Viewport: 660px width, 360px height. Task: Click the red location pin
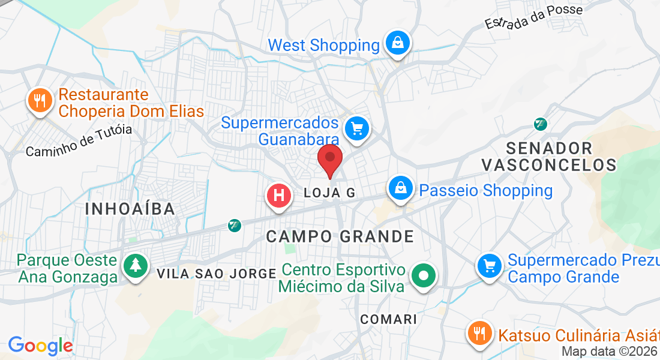(329, 158)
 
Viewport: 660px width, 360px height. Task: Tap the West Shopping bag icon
(397, 43)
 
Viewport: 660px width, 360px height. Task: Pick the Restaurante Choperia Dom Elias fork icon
(40, 100)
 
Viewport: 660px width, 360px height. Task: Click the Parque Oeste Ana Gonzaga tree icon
(136, 265)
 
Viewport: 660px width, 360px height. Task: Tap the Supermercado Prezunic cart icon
(490, 265)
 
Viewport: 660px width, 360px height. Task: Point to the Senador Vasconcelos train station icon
(541, 124)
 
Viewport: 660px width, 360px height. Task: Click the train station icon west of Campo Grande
(234, 225)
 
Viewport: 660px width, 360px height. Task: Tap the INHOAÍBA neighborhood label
(130, 209)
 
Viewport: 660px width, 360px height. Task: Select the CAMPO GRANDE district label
(340, 236)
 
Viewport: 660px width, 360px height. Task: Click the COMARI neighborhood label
(388, 319)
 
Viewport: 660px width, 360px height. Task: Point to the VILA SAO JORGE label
(216, 274)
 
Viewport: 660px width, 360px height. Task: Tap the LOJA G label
(330, 193)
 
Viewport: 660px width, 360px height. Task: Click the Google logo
(40, 346)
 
